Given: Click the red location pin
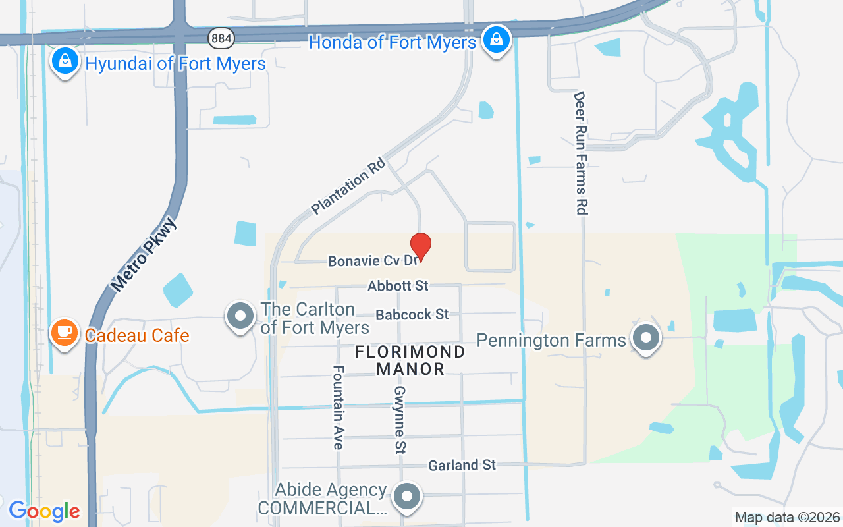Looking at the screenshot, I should (x=421, y=246).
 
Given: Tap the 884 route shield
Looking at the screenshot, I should (x=221, y=38).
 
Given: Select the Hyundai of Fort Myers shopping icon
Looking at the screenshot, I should (x=65, y=61).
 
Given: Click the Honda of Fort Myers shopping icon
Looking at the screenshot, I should (x=496, y=40).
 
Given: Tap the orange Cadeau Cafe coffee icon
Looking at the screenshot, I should (x=64, y=333).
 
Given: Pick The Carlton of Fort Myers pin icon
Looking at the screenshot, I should (x=240, y=316).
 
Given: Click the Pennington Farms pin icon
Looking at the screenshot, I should (x=646, y=338).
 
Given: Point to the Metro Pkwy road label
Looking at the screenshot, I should (x=144, y=254).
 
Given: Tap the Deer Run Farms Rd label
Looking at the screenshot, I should (x=580, y=153).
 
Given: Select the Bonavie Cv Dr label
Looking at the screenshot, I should (x=373, y=261).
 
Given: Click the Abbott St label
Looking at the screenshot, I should (x=398, y=286).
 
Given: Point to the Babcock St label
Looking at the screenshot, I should (x=412, y=314).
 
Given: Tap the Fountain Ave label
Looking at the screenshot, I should (x=338, y=408).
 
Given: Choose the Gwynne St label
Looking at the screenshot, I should (x=400, y=420).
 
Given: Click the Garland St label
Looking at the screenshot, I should (x=462, y=465).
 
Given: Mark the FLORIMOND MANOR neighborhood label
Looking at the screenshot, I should (x=410, y=360).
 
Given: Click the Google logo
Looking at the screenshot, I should (x=44, y=511).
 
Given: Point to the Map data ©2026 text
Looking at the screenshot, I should (x=787, y=517).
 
